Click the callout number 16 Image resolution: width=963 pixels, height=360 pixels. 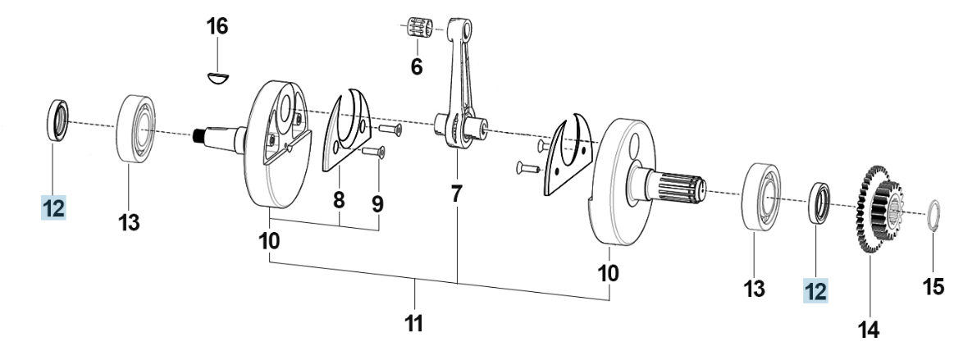point(217,26)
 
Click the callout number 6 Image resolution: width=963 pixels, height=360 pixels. point(417,66)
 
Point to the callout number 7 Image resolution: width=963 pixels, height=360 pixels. point(456,194)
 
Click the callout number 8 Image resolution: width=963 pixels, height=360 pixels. point(339,200)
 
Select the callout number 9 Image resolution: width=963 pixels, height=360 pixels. point(377,203)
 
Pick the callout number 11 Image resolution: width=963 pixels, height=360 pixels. point(414,322)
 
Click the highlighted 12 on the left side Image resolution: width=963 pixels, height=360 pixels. point(53,208)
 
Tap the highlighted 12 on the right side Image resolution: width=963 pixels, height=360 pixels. point(815,290)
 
